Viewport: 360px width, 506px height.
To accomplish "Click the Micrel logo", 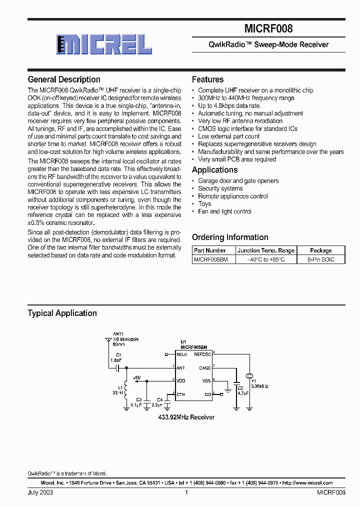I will [x=102, y=44].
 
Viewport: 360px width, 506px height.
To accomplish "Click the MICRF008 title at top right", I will [x=269, y=29].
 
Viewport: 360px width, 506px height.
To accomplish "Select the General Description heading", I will [x=64, y=79].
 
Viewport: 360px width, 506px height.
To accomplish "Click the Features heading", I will [x=207, y=79].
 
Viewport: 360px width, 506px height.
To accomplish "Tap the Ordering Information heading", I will [x=230, y=237].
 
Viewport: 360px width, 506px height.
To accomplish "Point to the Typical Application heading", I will [x=62, y=313].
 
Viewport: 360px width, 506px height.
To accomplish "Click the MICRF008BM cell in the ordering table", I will [x=211, y=259].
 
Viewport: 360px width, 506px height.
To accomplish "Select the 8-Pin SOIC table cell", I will [x=320, y=259].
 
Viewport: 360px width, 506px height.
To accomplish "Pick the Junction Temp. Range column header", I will [x=265, y=250].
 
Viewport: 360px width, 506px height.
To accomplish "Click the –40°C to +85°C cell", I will [x=265, y=259].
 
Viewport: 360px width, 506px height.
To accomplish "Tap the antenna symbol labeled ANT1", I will [x=107, y=341].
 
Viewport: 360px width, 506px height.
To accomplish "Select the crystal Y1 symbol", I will [x=248, y=376].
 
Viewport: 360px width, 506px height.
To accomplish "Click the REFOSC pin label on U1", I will [x=202, y=354].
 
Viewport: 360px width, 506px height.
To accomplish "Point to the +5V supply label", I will [x=137, y=377].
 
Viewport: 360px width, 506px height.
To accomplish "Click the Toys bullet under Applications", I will [x=204, y=204].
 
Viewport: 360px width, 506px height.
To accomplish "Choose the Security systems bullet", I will [x=220, y=188].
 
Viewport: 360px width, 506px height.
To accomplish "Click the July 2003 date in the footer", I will [x=40, y=492].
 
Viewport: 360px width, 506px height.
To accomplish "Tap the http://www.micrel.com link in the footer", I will [x=307, y=483].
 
